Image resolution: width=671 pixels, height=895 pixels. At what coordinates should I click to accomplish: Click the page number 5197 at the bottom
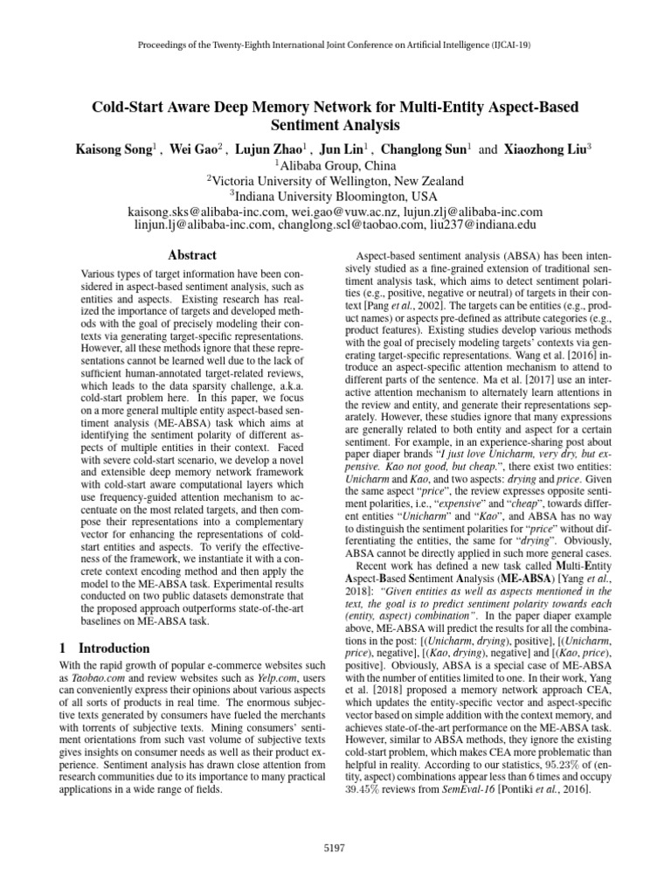coord(335,847)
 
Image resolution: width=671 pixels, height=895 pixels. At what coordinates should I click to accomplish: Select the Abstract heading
coord(192,255)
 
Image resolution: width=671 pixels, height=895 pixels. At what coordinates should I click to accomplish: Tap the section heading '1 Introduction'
coord(105,649)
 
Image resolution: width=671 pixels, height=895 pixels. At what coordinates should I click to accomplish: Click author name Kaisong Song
coord(116,149)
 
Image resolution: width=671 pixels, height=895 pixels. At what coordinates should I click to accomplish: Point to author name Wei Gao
coord(198,149)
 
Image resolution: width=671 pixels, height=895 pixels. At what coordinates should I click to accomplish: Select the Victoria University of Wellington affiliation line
coord(335,181)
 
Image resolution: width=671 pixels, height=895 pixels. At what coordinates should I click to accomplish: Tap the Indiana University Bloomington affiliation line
coord(335,197)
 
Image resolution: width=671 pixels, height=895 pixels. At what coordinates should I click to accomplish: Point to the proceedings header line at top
coord(335,45)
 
